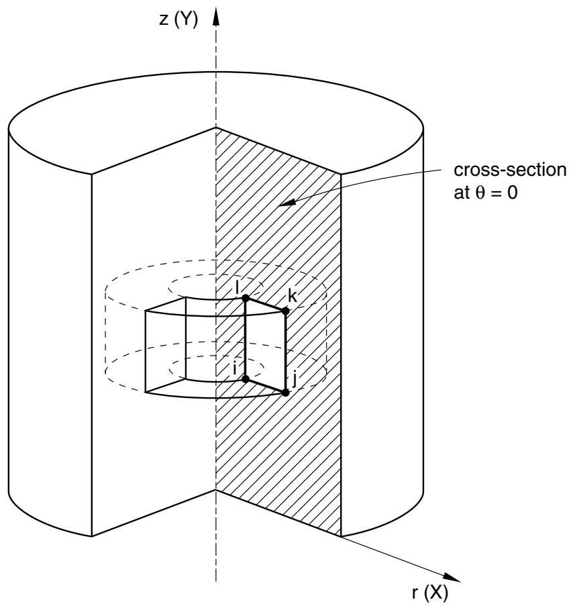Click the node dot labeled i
pyautogui.click(x=246, y=379)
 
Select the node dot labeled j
pyautogui.click(x=286, y=393)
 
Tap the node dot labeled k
pyautogui.click(x=286, y=311)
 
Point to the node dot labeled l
pyautogui.click(x=246, y=298)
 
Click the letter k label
pyautogui.click(x=293, y=296)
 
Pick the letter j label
pyautogui.click(x=295, y=378)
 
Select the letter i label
pyautogui.click(x=235, y=367)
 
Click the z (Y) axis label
pyautogui.click(x=178, y=19)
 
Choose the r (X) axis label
pyautogui.click(x=430, y=593)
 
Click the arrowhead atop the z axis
pyautogui.click(x=216, y=17)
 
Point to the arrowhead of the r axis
pyautogui.click(x=452, y=578)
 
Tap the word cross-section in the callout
pyautogui.click(x=510, y=170)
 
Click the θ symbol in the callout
pyautogui.click(x=480, y=193)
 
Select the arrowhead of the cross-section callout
pyautogui.click(x=287, y=202)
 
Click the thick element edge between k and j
pyautogui.click(x=286, y=352)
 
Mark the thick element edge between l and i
pyautogui.click(x=246, y=338)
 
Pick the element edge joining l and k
pyautogui.click(x=265, y=304)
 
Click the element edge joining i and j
pyautogui.click(x=265, y=386)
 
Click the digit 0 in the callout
pyautogui.click(x=512, y=193)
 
